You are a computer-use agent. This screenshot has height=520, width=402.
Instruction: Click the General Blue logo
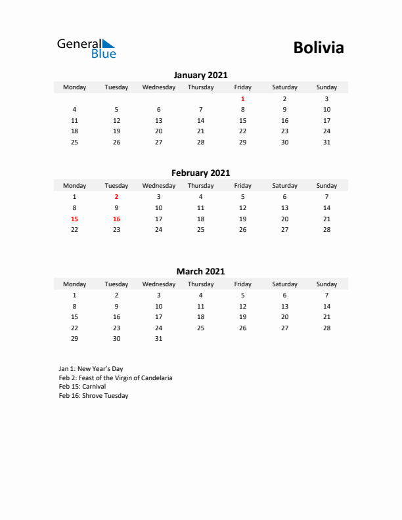click(86, 48)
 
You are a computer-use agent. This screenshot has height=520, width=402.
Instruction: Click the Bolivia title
click(319, 48)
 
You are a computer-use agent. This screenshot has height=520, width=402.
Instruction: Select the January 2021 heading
click(200, 75)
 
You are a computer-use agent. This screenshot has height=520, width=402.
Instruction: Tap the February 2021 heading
click(200, 173)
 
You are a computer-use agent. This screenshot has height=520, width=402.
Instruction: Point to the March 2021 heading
click(200, 271)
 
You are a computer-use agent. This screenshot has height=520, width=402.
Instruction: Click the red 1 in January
click(242, 98)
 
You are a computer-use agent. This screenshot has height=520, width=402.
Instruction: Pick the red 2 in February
click(116, 196)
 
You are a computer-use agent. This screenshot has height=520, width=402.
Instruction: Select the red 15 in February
click(74, 219)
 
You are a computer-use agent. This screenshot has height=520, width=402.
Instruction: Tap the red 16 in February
click(116, 219)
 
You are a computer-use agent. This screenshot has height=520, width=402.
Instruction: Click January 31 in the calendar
click(326, 142)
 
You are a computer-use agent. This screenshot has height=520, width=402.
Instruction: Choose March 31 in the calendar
click(158, 339)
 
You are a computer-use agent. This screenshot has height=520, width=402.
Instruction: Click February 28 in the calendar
click(326, 230)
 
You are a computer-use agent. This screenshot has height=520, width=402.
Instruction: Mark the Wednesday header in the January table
click(158, 87)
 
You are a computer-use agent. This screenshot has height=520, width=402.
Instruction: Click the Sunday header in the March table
click(326, 284)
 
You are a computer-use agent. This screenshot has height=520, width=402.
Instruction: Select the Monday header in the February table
click(74, 186)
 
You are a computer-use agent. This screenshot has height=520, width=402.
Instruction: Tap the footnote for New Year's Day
click(91, 369)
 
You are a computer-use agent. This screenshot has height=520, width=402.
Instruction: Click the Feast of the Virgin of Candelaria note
click(116, 378)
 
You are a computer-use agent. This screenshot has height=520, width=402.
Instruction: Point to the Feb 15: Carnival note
click(82, 387)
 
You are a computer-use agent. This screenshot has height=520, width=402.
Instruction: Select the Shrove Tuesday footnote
click(93, 396)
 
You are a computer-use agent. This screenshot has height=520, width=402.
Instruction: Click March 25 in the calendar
click(200, 328)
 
